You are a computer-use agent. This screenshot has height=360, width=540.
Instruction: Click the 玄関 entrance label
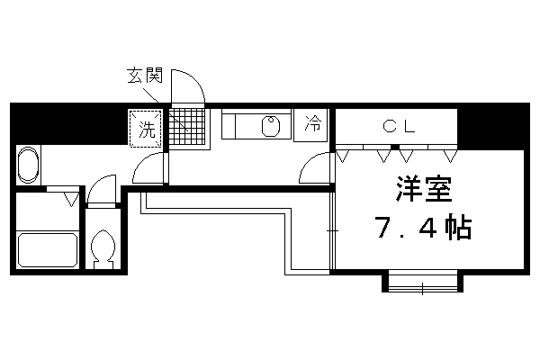145,75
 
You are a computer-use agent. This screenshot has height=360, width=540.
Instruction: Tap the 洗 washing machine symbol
146,128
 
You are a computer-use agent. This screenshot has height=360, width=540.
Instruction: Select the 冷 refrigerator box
310,125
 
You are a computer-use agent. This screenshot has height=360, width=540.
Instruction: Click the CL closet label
399,126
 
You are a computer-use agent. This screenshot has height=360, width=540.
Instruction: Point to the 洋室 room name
424,189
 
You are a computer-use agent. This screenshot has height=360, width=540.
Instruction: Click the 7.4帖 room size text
424,228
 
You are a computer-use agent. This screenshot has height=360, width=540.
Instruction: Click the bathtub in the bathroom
48,250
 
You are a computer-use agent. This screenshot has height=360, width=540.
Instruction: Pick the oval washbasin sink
28,165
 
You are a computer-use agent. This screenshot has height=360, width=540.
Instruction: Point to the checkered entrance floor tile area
186,126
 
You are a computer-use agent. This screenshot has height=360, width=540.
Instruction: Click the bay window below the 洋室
423,281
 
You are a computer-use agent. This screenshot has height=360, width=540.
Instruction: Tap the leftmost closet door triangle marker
343,157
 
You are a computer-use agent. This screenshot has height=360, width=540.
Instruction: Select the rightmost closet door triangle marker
450,157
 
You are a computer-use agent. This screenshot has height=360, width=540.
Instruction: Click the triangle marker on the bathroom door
71,200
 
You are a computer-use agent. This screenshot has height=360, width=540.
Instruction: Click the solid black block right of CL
493,127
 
